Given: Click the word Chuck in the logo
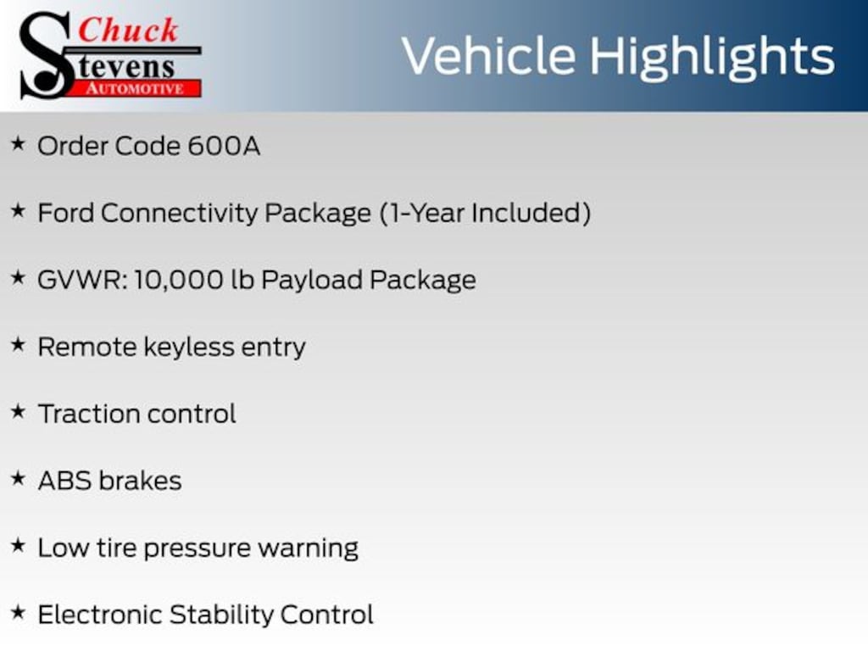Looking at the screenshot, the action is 128,31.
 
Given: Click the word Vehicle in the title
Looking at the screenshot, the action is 489,56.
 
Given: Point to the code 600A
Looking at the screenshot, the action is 224,146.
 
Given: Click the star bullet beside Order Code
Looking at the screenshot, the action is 19,144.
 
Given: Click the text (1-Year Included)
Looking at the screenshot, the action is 486,213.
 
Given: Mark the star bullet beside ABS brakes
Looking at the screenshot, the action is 19,478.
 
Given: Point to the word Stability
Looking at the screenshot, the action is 221,615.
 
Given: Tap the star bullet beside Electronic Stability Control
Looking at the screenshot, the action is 19,612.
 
